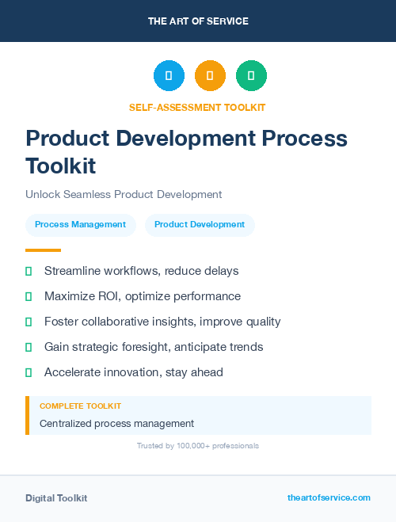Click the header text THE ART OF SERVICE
(198, 21)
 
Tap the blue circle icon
(169, 76)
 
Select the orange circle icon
(210, 76)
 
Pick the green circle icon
(251, 76)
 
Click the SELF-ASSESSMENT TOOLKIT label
(197, 107)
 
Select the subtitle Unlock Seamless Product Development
(124, 194)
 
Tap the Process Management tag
(80, 225)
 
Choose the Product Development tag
(200, 225)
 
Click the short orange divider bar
(43, 250)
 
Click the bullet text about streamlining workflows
(141, 271)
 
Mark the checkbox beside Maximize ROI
(29, 296)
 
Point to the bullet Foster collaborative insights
(162, 322)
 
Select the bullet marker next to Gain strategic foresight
(29, 347)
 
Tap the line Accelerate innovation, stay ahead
(134, 372)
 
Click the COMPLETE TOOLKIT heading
(81, 406)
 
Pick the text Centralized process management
(116, 424)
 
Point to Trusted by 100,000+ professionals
(198, 446)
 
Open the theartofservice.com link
(329, 497)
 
